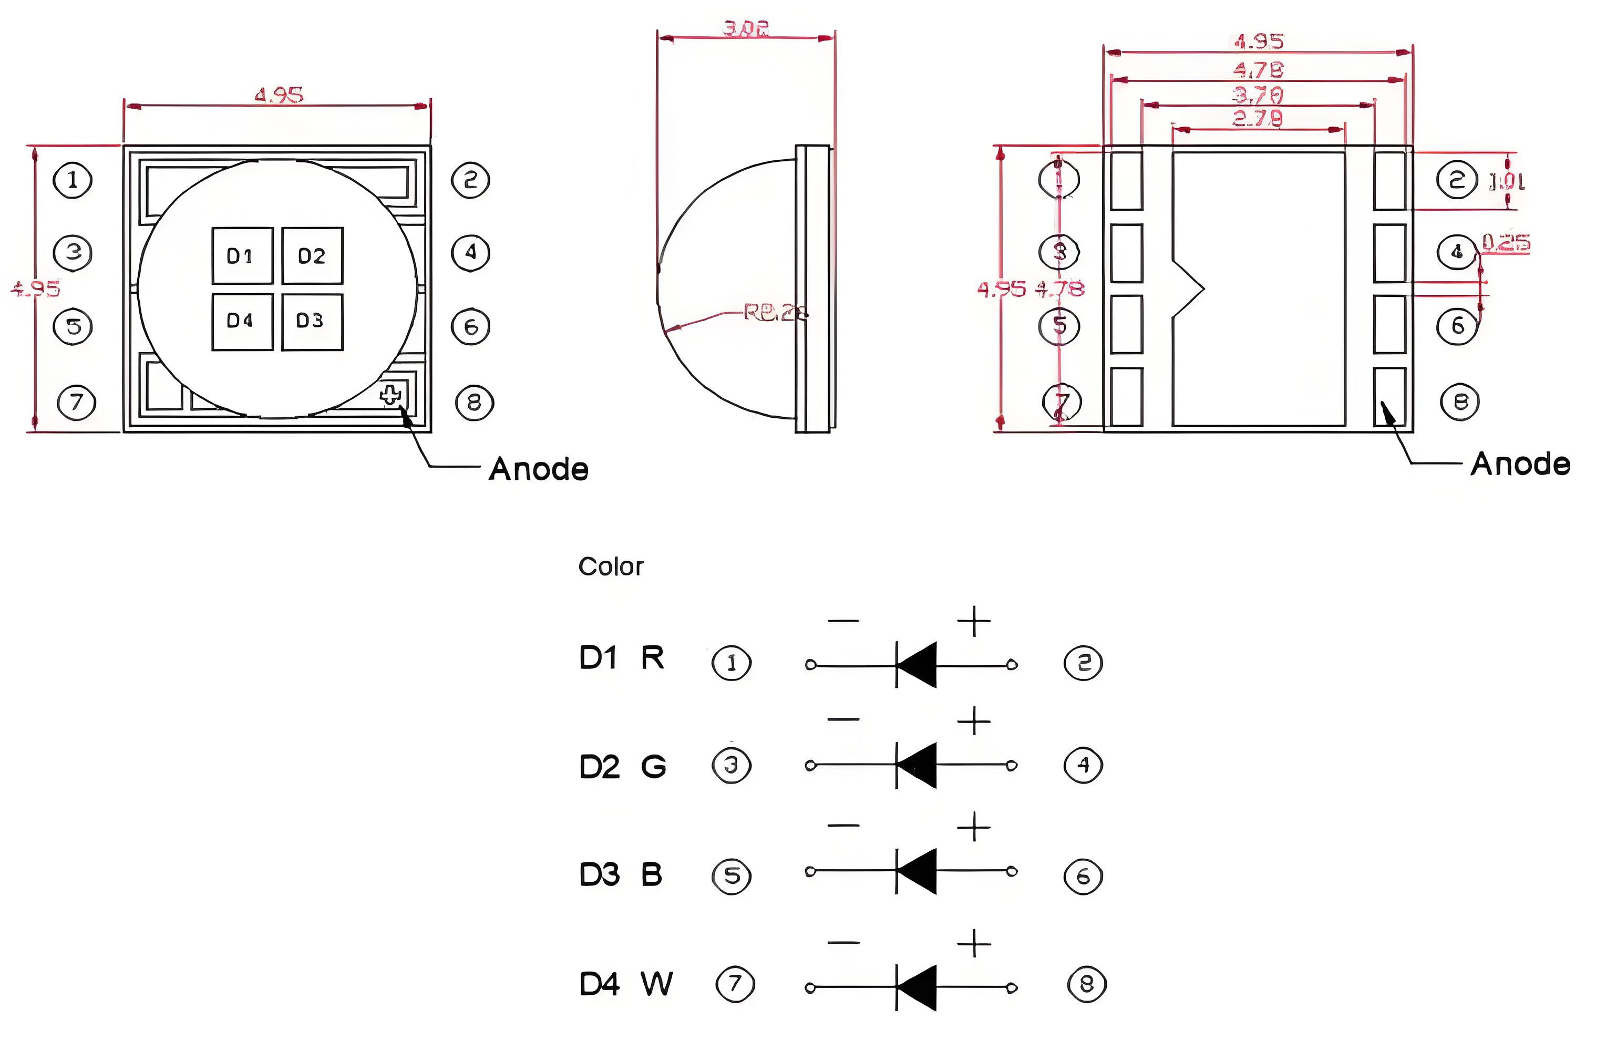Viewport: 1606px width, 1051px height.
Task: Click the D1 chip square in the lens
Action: tap(242, 256)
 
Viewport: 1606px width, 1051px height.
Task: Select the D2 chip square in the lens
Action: tap(312, 256)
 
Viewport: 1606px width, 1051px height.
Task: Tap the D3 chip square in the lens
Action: tap(312, 321)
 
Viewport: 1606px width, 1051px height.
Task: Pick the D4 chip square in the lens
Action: tap(242, 321)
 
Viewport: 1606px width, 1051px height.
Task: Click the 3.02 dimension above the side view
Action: tap(746, 28)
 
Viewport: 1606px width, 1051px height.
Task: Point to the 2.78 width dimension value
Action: tap(1258, 119)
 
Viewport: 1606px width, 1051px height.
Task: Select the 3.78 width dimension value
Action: tap(1258, 95)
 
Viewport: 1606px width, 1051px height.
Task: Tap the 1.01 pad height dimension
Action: tap(1507, 181)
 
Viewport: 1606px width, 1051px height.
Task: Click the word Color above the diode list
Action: tap(611, 566)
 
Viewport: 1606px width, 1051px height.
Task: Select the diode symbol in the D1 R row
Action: tap(915, 665)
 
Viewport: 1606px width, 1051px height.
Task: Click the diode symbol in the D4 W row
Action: tap(915, 987)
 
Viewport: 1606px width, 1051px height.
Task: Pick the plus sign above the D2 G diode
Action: tap(974, 722)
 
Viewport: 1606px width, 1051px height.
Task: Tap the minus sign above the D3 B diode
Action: tap(843, 825)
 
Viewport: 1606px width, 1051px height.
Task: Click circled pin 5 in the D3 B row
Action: tap(732, 875)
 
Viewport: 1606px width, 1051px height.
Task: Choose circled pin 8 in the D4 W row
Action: tap(1086, 984)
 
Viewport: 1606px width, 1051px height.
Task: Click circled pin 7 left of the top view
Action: tap(76, 402)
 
